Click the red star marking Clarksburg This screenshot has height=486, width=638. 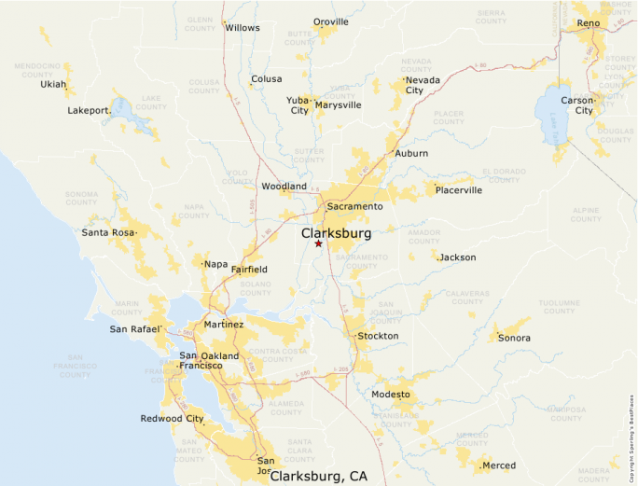click(318, 243)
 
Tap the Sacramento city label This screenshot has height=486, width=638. click(354, 206)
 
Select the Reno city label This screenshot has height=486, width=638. click(589, 22)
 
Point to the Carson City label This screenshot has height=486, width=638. click(576, 104)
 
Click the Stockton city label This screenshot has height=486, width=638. click(378, 336)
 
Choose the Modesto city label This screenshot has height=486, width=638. click(391, 395)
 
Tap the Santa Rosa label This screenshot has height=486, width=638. click(108, 232)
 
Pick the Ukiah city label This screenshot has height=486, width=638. click(53, 84)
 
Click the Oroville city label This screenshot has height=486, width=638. click(331, 21)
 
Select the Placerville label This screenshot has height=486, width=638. click(459, 190)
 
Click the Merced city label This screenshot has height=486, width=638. click(499, 465)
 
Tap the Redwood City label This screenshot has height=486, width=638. click(172, 419)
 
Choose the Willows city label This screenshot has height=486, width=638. click(243, 28)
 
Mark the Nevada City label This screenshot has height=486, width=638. click(414, 85)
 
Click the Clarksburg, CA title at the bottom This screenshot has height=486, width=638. click(318, 477)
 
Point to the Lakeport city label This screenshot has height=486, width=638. click(89, 110)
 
